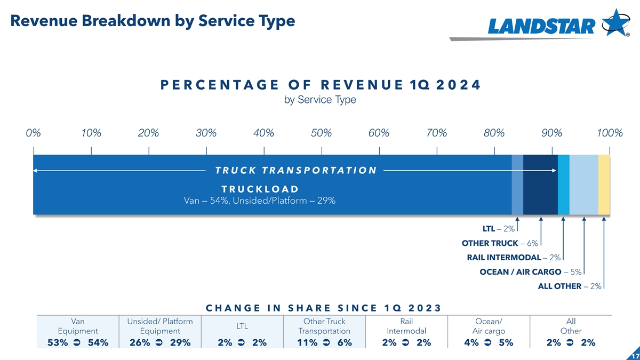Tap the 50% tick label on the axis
(x=321, y=133)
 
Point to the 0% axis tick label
(x=33, y=133)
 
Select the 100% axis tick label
(x=610, y=133)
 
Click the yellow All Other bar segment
(x=604, y=185)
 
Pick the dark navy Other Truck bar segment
(x=540, y=185)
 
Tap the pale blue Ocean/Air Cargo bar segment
(x=583, y=185)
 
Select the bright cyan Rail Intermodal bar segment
(x=563, y=185)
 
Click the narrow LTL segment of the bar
(x=517, y=185)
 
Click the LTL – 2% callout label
(x=498, y=229)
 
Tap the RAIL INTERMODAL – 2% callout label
(x=514, y=258)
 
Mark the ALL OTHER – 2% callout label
(x=570, y=286)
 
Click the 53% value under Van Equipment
(x=57, y=342)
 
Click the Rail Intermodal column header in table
(x=406, y=326)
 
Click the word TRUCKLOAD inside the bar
(x=259, y=189)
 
